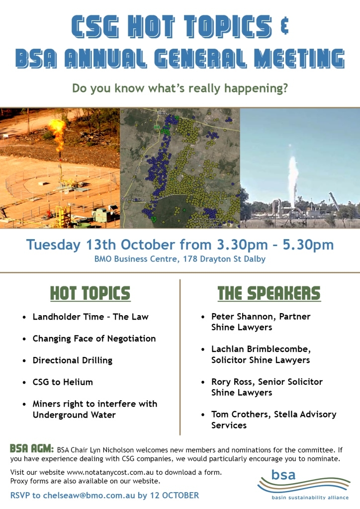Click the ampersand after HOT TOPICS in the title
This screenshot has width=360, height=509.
(x=284, y=26)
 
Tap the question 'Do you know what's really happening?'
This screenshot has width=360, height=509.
(x=180, y=88)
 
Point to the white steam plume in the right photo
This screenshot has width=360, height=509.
(x=293, y=180)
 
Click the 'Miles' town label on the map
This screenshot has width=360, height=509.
(x=162, y=113)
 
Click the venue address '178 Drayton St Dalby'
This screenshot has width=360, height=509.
(x=224, y=259)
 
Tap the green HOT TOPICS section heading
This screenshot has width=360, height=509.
(x=90, y=293)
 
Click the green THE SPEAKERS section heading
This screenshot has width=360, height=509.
(x=269, y=293)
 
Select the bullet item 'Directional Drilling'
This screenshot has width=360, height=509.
(x=73, y=360)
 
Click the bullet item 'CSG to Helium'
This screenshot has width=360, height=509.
(x=63, y=382)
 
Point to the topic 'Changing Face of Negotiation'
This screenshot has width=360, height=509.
(x=94, y=339)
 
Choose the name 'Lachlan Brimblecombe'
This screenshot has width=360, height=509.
(x=261, y=349)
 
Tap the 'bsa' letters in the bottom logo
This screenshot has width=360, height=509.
(x=283, y=475)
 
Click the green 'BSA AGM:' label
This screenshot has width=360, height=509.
(x=32, y=449)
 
